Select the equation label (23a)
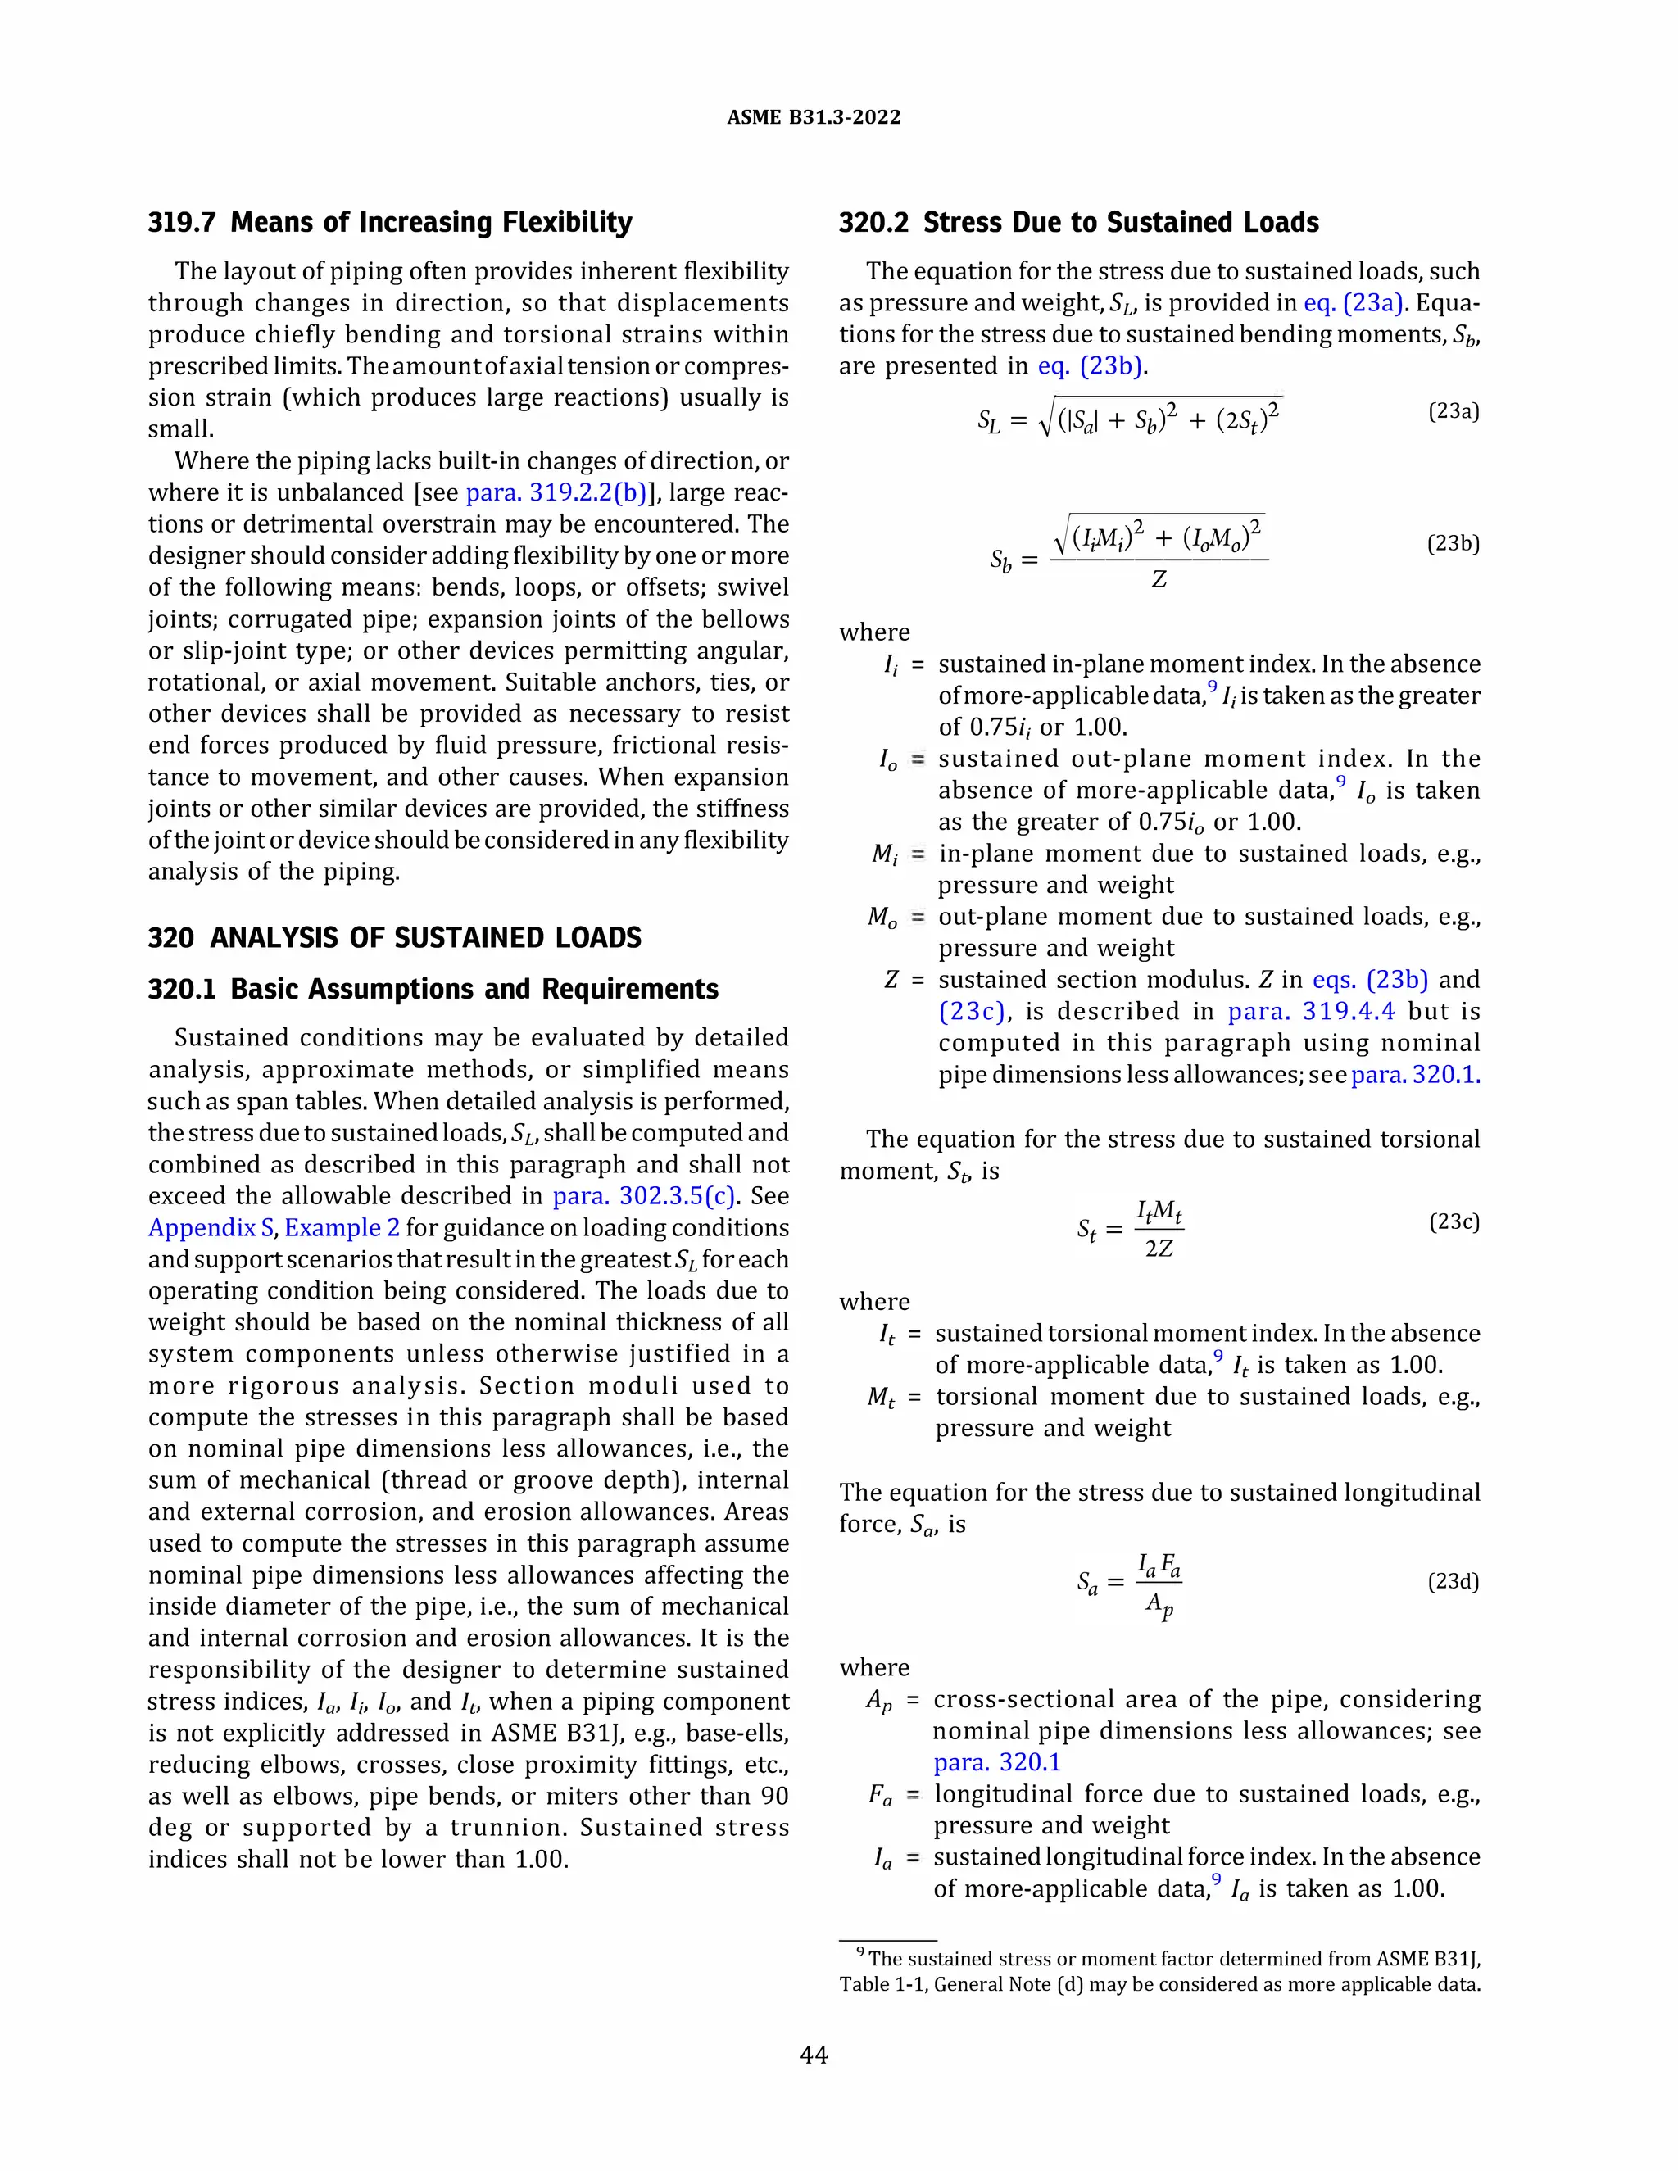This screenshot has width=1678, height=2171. click(x=1453, y=410)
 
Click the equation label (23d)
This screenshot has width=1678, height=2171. click(x=1453, y=1580)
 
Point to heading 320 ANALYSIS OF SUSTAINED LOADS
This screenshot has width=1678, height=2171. click(x=395, y=937)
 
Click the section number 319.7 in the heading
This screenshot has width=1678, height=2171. click(x=182, y=222)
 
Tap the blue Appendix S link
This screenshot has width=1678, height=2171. click(x=211, y=1228)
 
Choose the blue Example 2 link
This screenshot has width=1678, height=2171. click(x=342, y=1228)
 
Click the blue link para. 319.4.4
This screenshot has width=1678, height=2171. click(x=1310, y=1011)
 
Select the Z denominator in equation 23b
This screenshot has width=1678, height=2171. click(x=1158, y=579)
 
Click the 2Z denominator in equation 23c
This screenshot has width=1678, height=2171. click(x=1159, y=1248)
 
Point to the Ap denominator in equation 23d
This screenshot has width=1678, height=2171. click(x=1159, y=1604)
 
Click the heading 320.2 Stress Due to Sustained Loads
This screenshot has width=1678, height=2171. click(x=1078, y=222)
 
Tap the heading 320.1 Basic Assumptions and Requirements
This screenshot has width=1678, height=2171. click(x=433, y=989)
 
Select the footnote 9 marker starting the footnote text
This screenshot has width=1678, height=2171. click(x=859, y=1953)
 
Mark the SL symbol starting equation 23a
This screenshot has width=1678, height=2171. click(x=988, y=421)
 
